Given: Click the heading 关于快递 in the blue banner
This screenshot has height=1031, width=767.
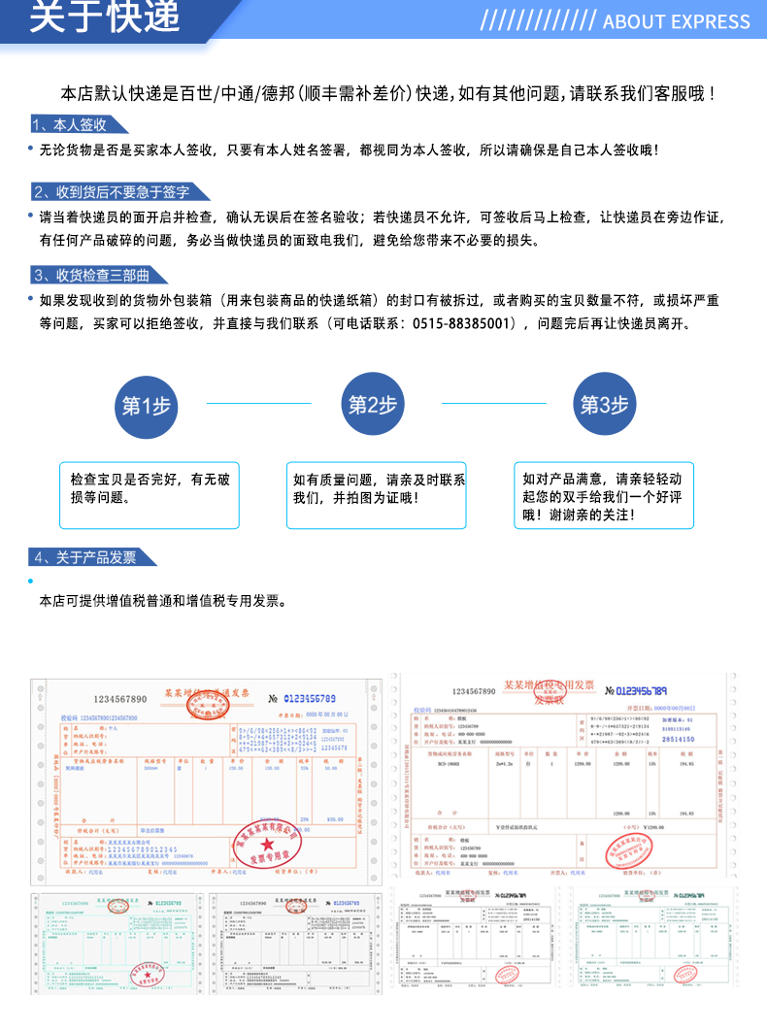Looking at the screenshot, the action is point(105,17).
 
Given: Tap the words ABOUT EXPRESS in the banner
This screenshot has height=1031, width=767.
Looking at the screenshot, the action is point(677,21).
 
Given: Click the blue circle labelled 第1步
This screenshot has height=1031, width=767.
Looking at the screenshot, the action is point(146,405).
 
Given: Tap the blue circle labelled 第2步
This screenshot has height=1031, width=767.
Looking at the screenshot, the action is point(373,405).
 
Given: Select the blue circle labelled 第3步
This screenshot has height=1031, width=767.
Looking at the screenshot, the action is point(604,405).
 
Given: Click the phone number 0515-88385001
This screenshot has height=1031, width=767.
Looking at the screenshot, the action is point(464,324).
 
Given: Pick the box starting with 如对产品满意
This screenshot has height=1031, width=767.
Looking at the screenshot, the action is point(604,494).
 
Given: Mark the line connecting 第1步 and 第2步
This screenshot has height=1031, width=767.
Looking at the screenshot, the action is point(259,403).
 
